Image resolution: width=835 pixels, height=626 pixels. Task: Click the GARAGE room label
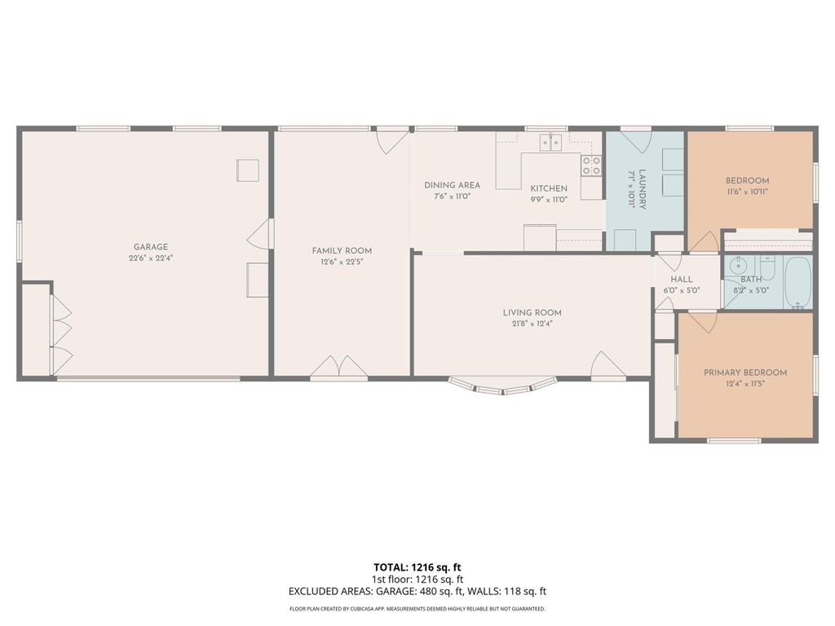click(x=151, y=247)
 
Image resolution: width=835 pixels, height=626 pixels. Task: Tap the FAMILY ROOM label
click(x=342, y=250)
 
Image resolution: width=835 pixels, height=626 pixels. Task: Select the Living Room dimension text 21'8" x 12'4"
click(x=532, y=324)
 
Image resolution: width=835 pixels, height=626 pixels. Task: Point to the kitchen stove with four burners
click(x=591, y=165)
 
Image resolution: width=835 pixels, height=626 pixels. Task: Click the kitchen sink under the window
click(x=550, y=143)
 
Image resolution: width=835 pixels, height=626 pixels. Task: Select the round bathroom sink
click(x=739, y=266)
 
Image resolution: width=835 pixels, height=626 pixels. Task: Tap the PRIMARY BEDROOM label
click(x=745, y=373)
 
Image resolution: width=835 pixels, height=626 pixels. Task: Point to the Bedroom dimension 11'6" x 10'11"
click(x=748, y=192)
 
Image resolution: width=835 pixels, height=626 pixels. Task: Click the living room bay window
click(x=502, y=386)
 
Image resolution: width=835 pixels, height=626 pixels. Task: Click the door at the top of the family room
click(x=392, y=140)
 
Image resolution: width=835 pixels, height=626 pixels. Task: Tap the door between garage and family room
click(x=260, y=234)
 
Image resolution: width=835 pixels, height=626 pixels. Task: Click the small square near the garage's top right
click(x=248, y=170)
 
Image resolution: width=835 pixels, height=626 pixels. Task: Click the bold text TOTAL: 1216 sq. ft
click(x=417, y=566)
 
